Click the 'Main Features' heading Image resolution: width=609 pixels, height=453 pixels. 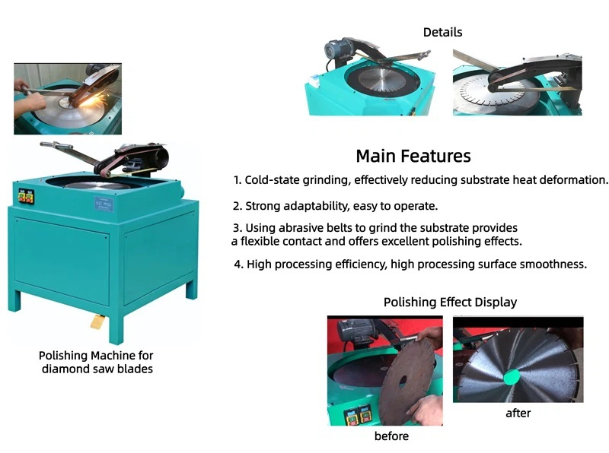[413, 157]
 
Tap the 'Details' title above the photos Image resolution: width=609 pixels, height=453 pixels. [442, 32]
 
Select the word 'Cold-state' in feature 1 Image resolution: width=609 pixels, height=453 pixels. [272, 181]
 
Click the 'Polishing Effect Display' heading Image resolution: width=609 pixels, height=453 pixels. [450, 303]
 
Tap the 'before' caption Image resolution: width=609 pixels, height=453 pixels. [391, 436]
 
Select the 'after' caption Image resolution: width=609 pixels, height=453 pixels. [518, 413]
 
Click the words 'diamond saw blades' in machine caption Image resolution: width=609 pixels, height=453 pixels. [97, 369]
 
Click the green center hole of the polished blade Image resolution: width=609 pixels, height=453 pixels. [509, 374]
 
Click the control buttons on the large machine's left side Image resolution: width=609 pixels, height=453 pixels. [25, 198]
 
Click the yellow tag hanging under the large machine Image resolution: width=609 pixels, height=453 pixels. [97, 322]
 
